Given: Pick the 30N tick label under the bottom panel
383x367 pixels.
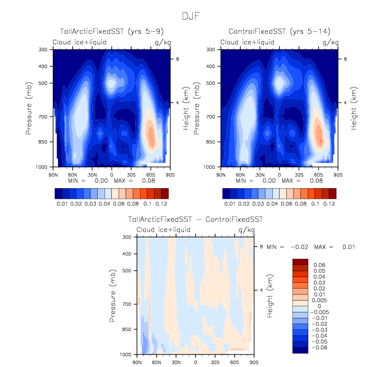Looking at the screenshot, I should (176, 362).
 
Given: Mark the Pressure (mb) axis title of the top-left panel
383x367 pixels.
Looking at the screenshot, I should (29, 108).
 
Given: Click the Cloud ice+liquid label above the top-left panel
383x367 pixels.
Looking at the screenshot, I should (78, 42).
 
